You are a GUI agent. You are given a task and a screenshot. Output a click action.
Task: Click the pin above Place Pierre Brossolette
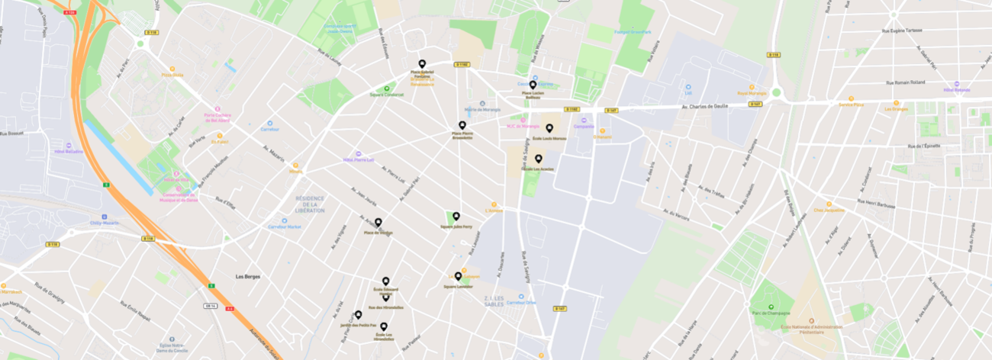[462, 125]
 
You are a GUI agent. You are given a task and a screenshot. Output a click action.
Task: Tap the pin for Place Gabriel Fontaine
[422, 64]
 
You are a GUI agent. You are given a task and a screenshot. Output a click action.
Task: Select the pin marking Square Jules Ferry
[456, 217]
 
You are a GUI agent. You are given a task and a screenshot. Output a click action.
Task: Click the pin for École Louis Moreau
[549, 128]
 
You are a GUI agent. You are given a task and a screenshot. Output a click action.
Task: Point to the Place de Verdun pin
[378, 222]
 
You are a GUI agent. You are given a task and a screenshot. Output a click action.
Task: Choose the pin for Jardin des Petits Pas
[358, 314]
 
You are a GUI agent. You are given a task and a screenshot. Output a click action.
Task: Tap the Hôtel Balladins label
[69, 151]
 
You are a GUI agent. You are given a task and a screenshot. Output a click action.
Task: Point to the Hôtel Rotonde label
[956, 90]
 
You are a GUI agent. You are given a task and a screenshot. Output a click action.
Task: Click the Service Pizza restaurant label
[851, 104]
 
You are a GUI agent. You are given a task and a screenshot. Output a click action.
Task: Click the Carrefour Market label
[285, 227]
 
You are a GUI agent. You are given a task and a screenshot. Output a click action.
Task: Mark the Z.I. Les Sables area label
[497, 300]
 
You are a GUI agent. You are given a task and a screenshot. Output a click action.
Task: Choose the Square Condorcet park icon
[387, 89]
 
